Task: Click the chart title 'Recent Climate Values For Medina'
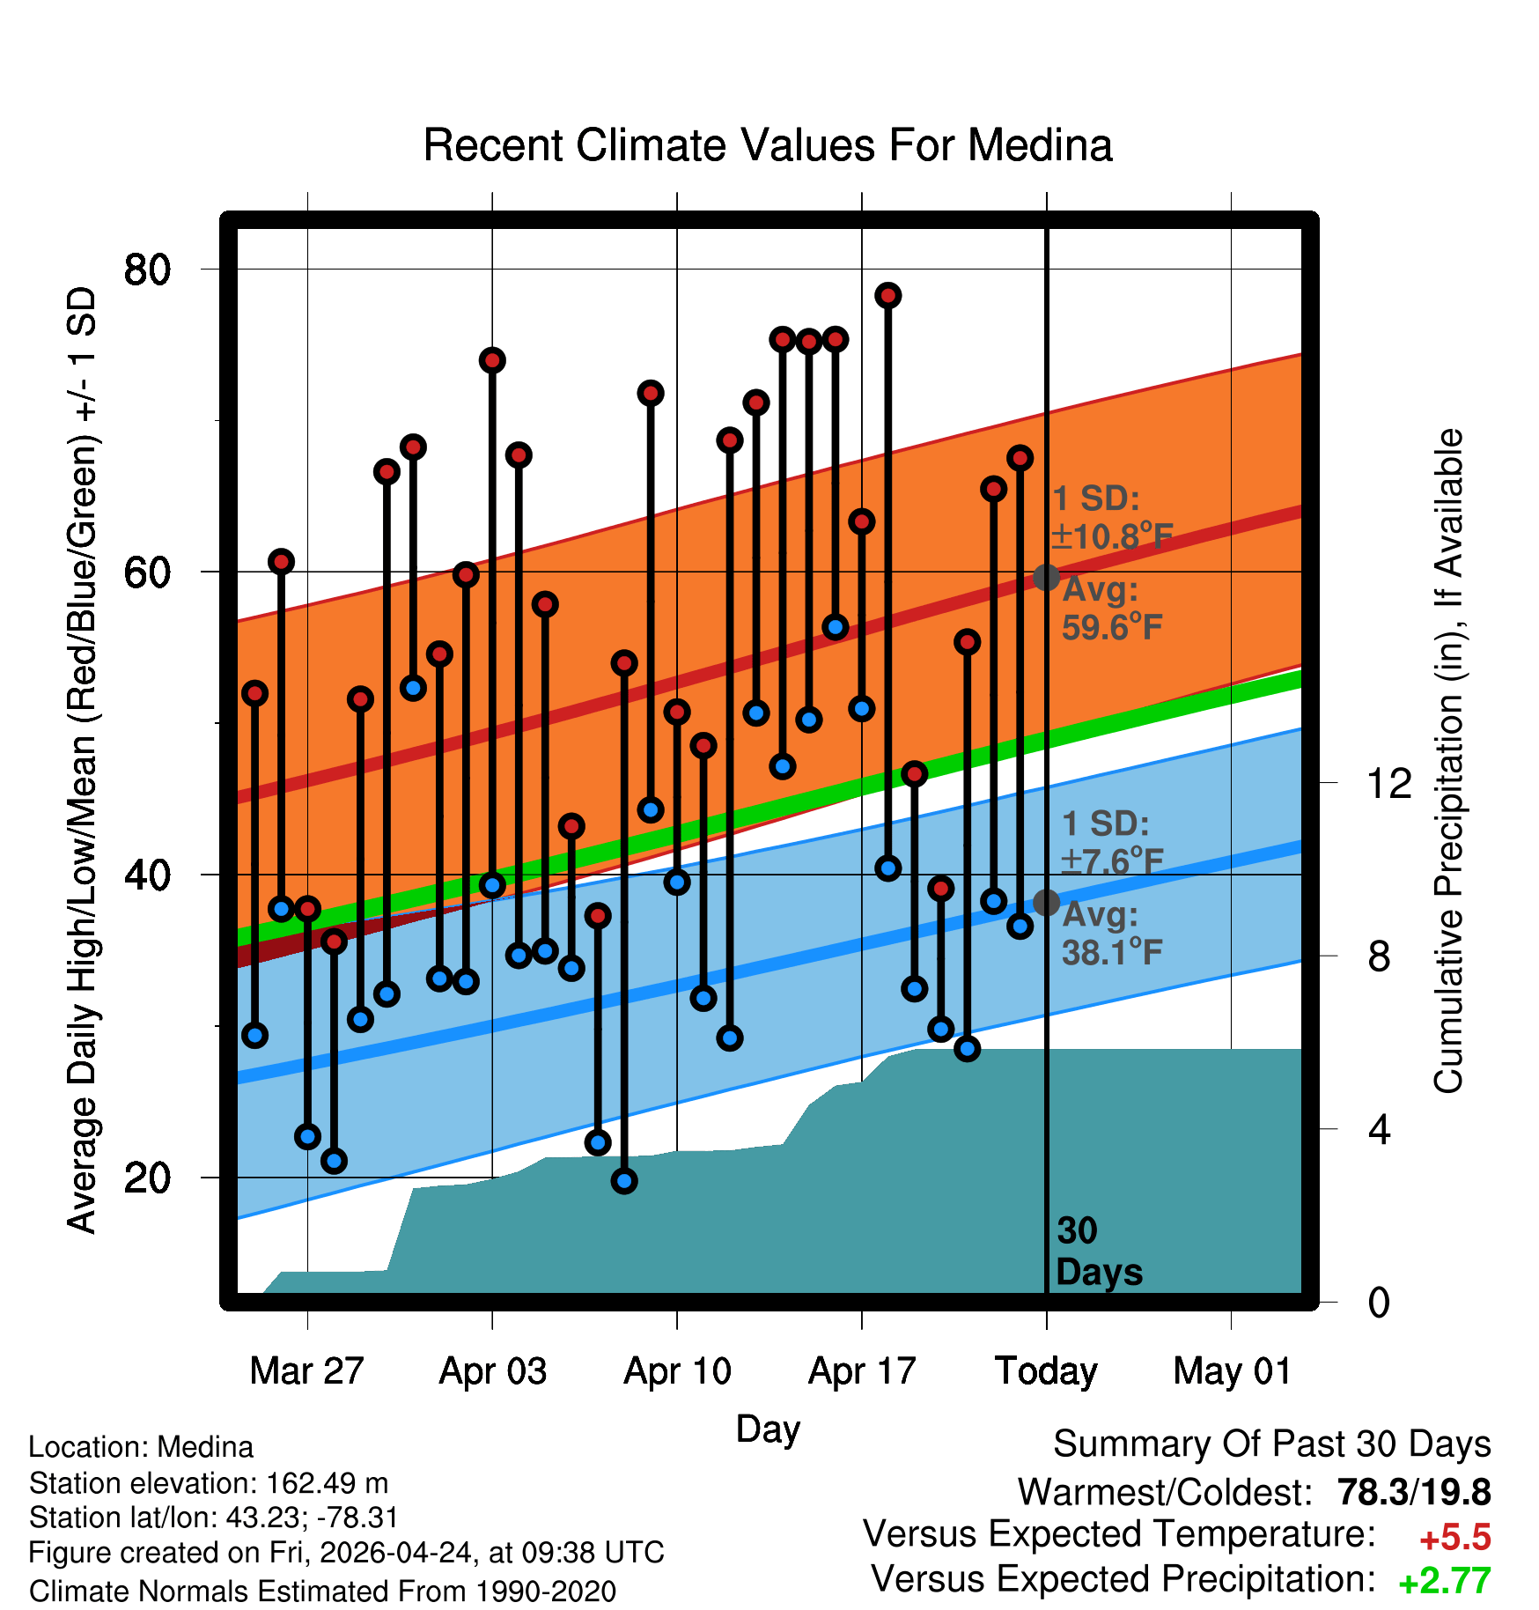768,145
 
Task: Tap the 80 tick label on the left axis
147,269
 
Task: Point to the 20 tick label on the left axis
147,1178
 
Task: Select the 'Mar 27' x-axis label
306,1371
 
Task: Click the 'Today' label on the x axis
1046,1371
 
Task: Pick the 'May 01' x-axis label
1232,1371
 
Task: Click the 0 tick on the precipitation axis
1379,1302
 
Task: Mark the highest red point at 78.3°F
887,295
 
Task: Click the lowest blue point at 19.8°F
624,1181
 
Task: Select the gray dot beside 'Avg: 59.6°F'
1046,577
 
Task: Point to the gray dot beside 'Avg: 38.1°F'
1046,903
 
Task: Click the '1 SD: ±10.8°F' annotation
1113,518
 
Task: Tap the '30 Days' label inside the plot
1099,1252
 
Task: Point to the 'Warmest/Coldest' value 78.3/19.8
1414,1492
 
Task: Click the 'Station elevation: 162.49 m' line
209,1483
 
